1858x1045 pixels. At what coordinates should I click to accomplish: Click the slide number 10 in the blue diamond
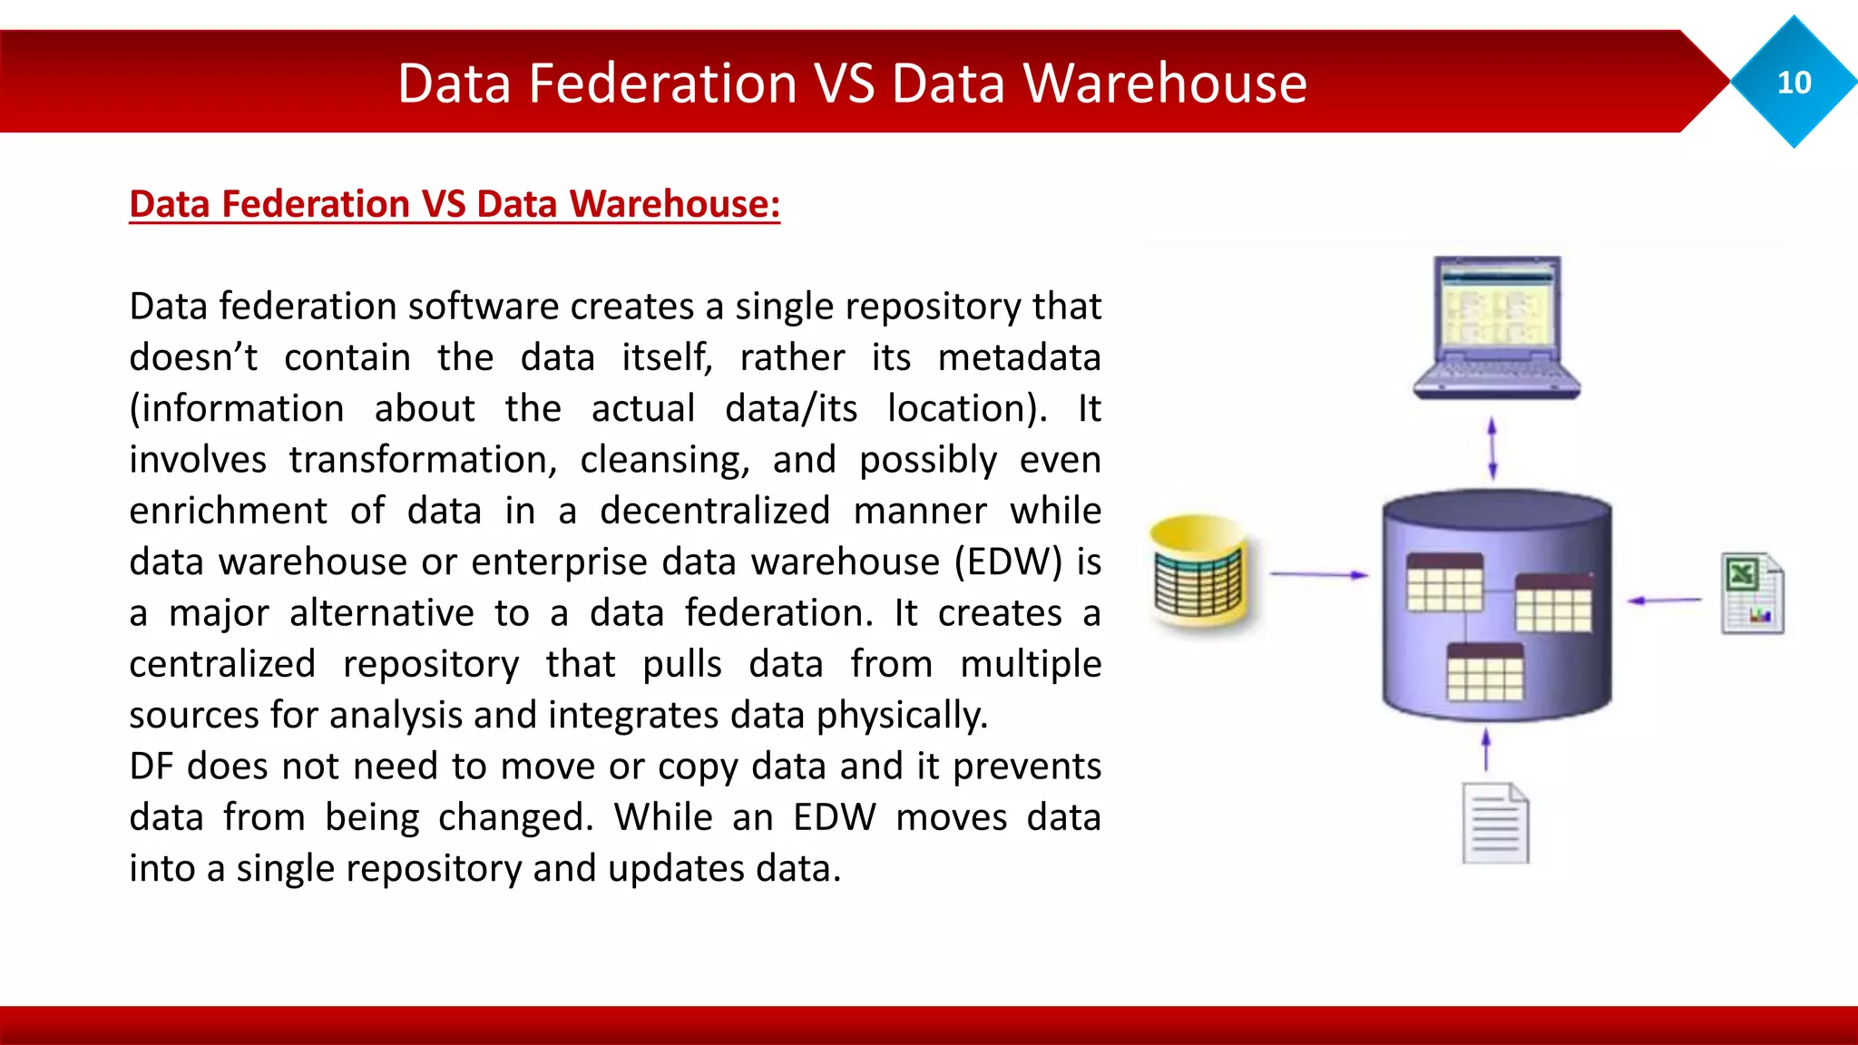click(1794, 83)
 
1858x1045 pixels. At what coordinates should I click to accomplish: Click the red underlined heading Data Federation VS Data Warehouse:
click(455, 204)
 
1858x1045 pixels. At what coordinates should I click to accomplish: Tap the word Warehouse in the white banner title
click(1165, 83)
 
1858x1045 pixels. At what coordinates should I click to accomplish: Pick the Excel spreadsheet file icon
click(1752, 593)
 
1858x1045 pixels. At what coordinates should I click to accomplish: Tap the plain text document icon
click(1495, 823)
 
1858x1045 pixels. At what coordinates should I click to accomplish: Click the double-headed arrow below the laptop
click(1492, 448)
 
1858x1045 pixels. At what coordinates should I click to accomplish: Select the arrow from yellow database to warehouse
click(1318, 574)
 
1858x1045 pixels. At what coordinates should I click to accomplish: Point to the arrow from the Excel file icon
click(1665, 600)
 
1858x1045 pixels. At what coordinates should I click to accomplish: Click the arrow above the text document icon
click(1485, 749)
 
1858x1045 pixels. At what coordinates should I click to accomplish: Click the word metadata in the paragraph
click(1019, 357)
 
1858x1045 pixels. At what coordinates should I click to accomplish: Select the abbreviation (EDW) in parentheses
click(1007, 562)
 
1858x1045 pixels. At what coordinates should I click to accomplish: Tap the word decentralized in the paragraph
click(715, 511)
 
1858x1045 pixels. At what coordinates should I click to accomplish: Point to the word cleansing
click(665, 460)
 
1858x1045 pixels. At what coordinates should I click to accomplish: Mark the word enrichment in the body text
click(228, 511)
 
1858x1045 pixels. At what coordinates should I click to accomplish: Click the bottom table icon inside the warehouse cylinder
click(1485, 672)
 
